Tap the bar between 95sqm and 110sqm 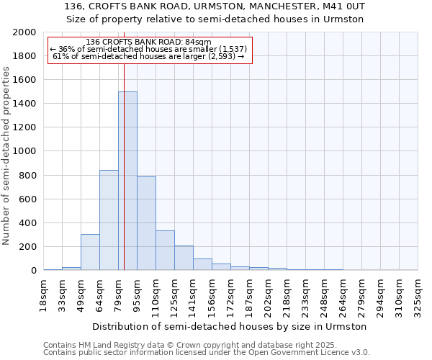click(x=146, y=223)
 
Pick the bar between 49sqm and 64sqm click(x=90, y=252)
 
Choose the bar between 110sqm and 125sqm click(x=165, y=251)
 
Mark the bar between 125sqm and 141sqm click(x=184, y=258)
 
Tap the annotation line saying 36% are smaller click(x=149, y=49)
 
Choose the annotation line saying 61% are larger click(x=149, y=56)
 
